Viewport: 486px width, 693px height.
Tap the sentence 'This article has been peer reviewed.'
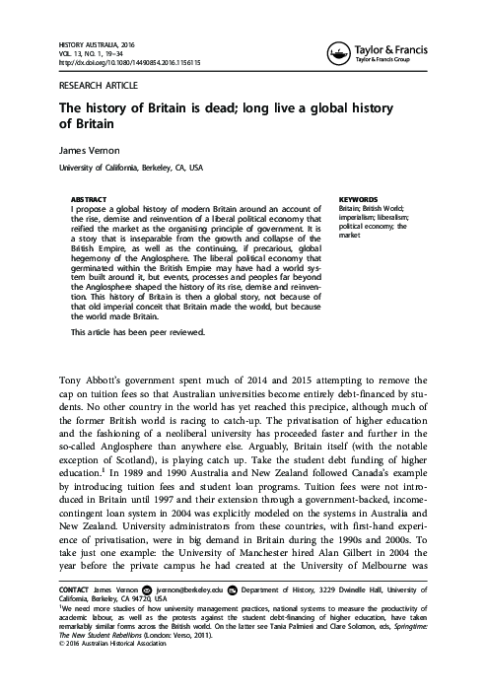pos(138,333)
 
